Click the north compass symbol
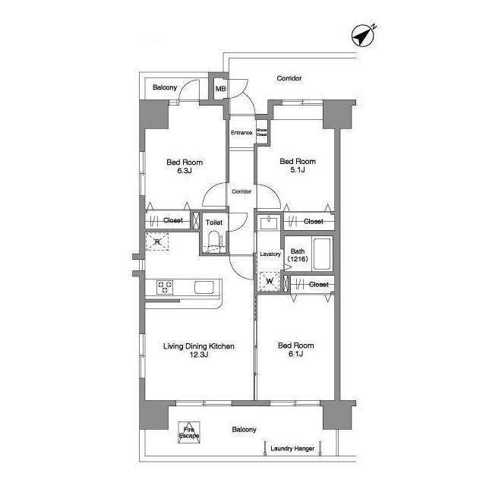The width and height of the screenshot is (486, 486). click(x=363, y=36)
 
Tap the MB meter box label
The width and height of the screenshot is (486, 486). click(x=220, y=89)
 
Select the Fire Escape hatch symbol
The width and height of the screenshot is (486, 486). click(x=189, y=432)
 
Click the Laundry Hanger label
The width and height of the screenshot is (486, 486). click(x=292, y=449)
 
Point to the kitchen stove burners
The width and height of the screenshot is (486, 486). click(x=165, y=287)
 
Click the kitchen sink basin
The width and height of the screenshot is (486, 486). click(x=204, y=287)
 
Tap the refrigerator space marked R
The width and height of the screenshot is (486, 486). click(x=157, y=241)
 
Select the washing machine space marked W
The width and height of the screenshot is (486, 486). click(x=270, y=282)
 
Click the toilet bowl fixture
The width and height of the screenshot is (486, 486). click(x=214, y=243)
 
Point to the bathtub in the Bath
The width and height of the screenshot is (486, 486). click(x=321, y=254)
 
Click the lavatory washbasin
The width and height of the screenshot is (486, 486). click(x=270, y=222)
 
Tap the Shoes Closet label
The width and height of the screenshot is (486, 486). click(x=261, y=132)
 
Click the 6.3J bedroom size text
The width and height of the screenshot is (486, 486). click(x=185, y=170)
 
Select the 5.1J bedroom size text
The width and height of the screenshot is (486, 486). click(x=298, y=169)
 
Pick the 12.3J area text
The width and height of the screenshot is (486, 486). click(x=199, y=355)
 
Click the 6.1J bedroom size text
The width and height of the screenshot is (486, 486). click(x=295, y=354)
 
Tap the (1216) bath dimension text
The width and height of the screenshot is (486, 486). click(x=298, y=259)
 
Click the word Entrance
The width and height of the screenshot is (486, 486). click(x=241, y=133)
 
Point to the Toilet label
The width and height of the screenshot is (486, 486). click(x=214, y=222)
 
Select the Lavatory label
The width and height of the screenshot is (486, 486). click(x=270, y=254)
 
